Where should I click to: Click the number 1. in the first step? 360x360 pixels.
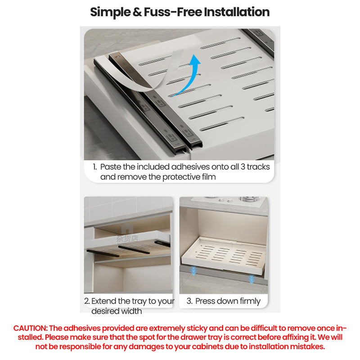(x=95, y=167)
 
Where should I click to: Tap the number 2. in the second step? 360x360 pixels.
(x=87, y=301)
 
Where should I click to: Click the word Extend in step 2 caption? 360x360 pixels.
(x=104, y=301)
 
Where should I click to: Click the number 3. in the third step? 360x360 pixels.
(x=189, y=301)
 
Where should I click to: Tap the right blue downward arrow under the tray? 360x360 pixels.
(x=251, y=279)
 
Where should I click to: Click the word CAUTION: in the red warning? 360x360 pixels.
(x=30, y=328)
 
